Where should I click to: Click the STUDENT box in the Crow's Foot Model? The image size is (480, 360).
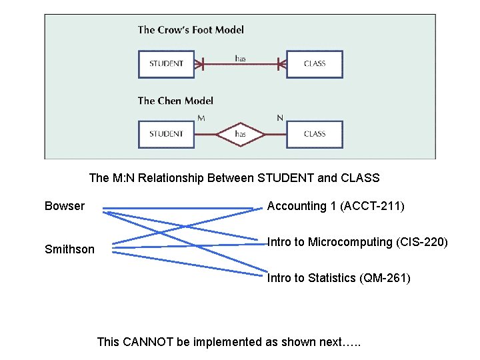coord(166,64)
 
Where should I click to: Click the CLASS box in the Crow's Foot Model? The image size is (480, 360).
coord(314,64)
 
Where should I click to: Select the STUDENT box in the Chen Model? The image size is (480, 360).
coord(166,134)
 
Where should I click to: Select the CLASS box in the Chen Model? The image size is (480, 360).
coord(314,134)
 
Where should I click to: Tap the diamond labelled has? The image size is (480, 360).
coord(240,134)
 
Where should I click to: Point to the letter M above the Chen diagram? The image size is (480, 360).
coord(201,118)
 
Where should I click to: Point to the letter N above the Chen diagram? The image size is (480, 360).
coord(280,118)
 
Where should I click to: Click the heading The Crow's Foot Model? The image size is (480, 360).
coord(191,29)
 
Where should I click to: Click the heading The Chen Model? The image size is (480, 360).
coord(175,101)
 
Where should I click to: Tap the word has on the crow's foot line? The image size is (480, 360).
coord(240,59)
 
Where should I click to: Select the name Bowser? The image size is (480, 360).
coord(65,206)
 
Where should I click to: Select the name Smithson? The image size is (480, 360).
coord(69,249)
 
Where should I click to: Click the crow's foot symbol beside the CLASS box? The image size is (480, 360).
coord(281,65)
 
